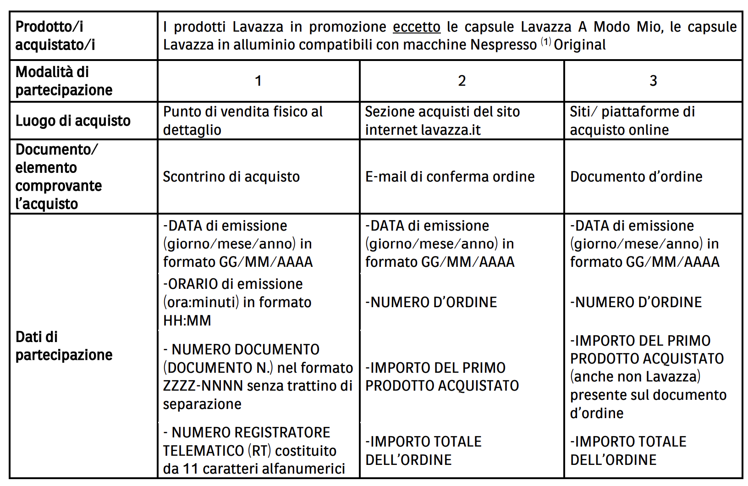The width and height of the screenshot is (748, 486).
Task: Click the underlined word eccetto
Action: tap(416, 27)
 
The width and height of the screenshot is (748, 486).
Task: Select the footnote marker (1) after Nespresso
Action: tap(546, 42)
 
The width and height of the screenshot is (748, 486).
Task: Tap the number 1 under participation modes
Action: tap(258, 81)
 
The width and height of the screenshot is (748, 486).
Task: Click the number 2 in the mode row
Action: tap(462, 81)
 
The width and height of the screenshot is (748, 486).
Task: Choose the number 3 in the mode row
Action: tap(653, 81)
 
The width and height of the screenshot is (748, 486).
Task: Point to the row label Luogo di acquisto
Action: tap(73, 121)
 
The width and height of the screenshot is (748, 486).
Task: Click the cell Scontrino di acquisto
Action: tap(231, 177)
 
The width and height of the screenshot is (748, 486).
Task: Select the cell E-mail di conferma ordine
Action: tap(450, 177)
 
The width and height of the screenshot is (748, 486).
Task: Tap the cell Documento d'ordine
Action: tap(636, 177)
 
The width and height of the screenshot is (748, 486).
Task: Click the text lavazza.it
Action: tap(451, 130)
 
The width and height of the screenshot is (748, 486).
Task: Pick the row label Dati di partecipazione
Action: tap(64, 346)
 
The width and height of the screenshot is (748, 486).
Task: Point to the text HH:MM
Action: tap(187, 320)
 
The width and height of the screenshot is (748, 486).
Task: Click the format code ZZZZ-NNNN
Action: tap(203, 386)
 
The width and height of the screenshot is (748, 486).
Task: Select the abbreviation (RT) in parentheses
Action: tap(259, 451)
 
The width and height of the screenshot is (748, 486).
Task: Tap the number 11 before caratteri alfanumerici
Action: tap(190, 469)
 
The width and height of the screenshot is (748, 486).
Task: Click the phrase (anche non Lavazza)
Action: tap(635, 377)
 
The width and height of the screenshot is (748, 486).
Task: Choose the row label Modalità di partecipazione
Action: tap(64, 81)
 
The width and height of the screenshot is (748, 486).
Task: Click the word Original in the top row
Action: tap(580, 45)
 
